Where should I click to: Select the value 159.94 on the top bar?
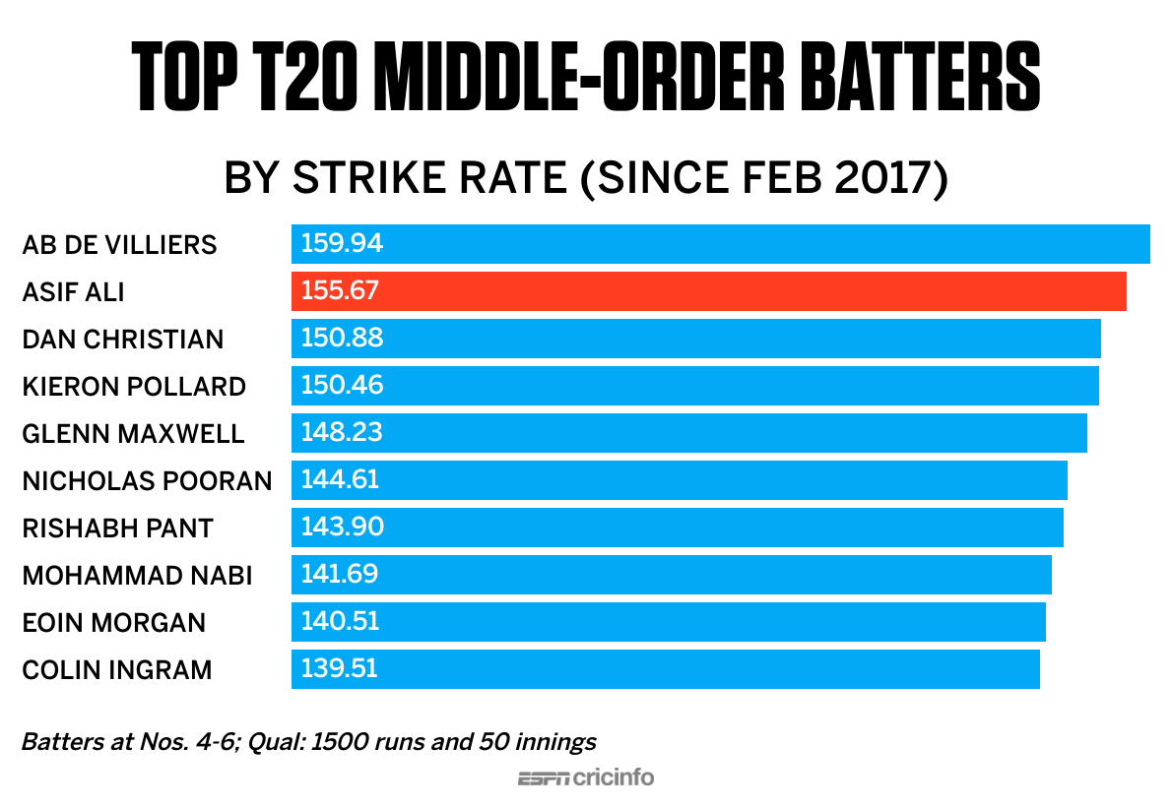[x=342, y=244]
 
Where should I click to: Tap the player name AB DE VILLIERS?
[x=119, y=244]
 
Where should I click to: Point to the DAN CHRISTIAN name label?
[x=123, y=339]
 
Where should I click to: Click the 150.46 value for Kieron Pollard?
[x=342, y=386]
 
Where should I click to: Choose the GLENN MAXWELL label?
[x=133, y=433]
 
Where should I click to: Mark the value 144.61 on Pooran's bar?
[x=340, y=480]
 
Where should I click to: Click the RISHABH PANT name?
[x=117, y=528]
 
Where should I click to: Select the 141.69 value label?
[x=340, y=575]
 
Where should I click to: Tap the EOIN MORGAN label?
[x=114, y=622]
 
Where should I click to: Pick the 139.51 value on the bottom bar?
[x=340, y=669]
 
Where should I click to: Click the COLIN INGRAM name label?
[x=117, y=669]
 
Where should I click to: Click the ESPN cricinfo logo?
[x=586, y=778]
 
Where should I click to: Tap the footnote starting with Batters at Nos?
[x=309, y=741]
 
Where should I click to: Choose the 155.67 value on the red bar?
[x=340, y=291]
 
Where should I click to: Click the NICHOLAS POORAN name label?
[x=147, y=480]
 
